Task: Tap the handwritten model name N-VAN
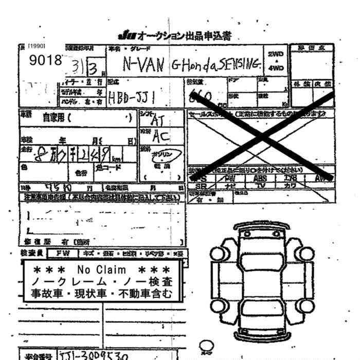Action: point(144,64)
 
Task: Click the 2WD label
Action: point(276,54)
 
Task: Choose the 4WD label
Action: point(276,68)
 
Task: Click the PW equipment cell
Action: point(230,178)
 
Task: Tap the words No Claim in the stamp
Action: point(101,270)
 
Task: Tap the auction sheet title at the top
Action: point(174,35)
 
